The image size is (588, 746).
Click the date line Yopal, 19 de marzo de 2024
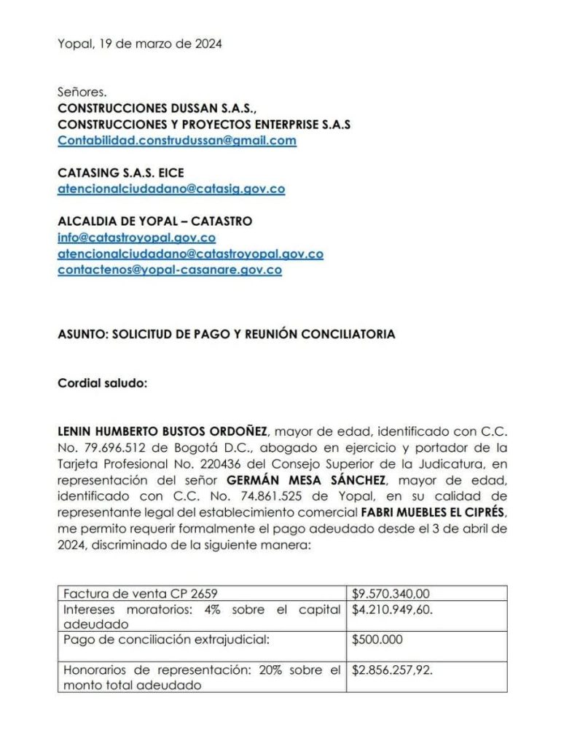pyautogui.click(x=140, y=44)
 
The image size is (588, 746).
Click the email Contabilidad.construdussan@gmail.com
pyautogui.click(x=177, y=141)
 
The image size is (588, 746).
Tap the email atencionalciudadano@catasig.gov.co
pyautogui.click(x=171, y=189)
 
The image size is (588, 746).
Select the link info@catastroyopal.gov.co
pyautogui.click(x=136, y=237)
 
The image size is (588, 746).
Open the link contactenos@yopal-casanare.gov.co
pyautogui.click(x=170, y=270)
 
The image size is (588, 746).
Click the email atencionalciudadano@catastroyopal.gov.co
pyautogui.click(x=190, y=254)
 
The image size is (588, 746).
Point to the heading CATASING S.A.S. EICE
pyautogui.click(x=120, y=173)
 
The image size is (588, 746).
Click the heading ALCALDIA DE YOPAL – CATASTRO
pyautogui.click(x=154, y=221)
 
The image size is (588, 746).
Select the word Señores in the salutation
pyautogui.click(x=82, y=93)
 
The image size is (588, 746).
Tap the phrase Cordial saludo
pyautogui.click(x=102, y=382)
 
